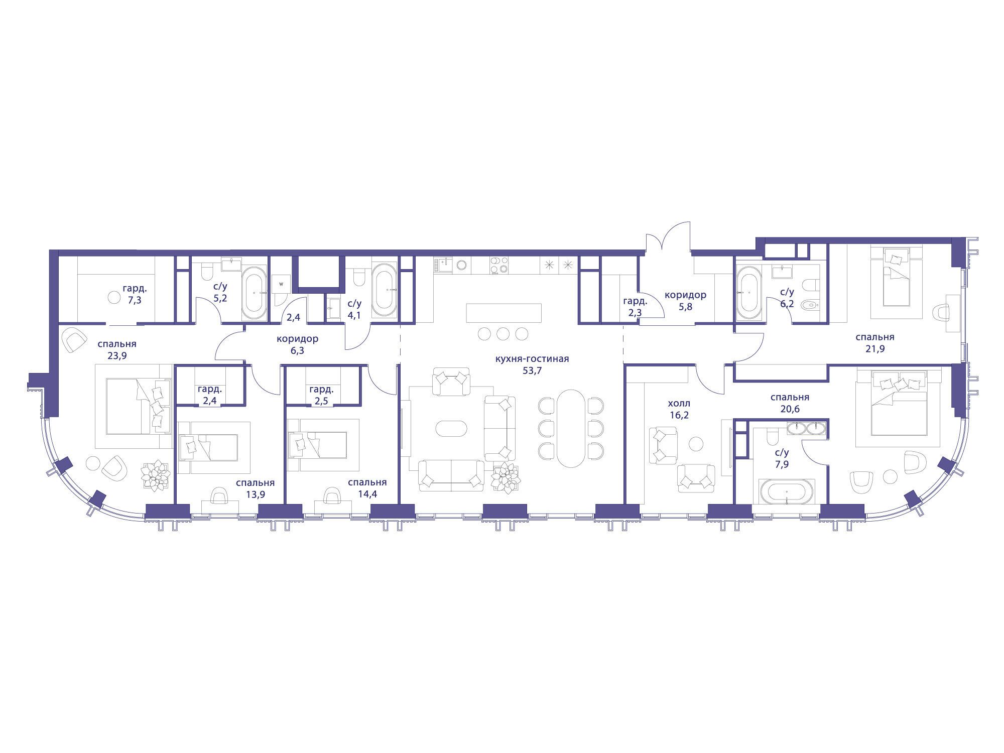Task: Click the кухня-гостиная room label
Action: tap(532, 359)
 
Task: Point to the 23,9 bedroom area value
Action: tap(116, 356)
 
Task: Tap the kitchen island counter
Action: tap(504, 313)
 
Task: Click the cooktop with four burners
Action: tap(499, 265)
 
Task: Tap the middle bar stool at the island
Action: tap(504, 333)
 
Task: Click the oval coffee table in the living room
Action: tap(451, 428)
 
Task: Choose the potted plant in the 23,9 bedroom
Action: tap(155, 474)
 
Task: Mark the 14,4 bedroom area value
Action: tap(367, 494)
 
